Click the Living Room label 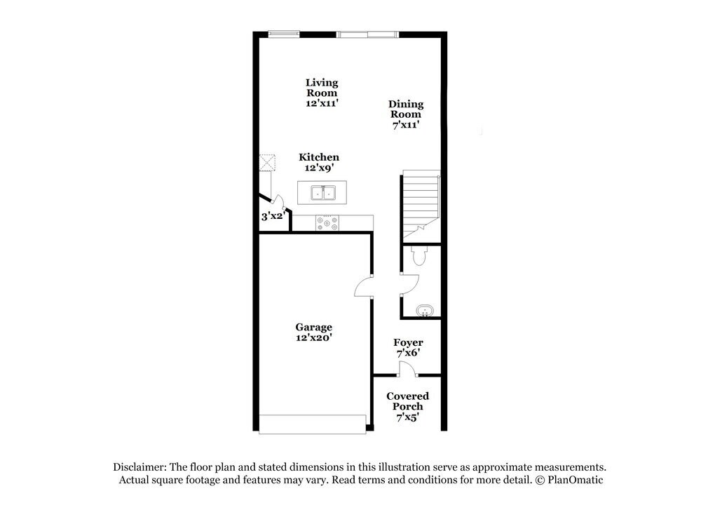[321, 93]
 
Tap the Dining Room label [406, 114]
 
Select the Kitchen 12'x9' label [319, 163]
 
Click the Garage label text [313, 332]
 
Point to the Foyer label [407, 347]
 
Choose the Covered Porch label [407, 406]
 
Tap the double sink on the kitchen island [322, 192]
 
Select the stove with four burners [327, 223]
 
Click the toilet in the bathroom [420, 257]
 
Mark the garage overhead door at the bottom [312, 424]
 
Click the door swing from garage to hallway [364, 287]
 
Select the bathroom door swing [409, 284]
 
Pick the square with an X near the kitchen [266, 163]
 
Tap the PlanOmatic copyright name [575, 480]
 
